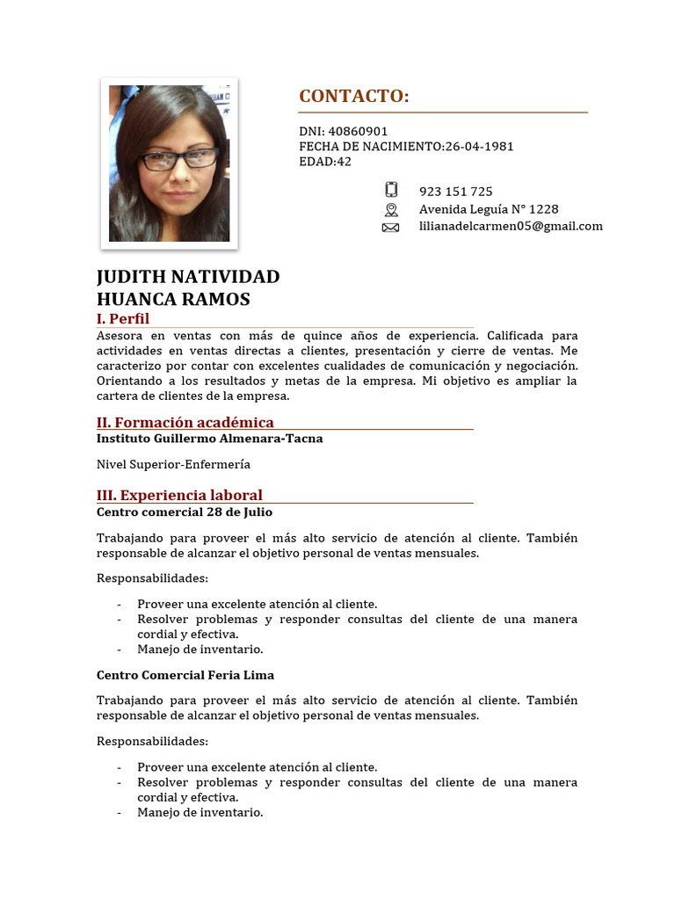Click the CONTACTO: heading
click(354, 97)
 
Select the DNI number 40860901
click(358, 132)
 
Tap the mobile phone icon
click(391, 191)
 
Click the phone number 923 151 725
click(455, 192)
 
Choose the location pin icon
click(391, 209)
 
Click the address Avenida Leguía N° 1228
click(488, 209)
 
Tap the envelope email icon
click(391, 227)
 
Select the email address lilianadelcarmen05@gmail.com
click(511, 227)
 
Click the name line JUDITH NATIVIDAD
click(188, 277)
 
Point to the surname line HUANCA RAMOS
click(173, 300)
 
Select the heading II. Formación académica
click(185, 422)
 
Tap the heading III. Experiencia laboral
click(179, 495)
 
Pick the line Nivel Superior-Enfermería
click(173, 464)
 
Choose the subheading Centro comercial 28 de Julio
click(184, 512)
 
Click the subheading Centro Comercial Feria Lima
click(185, 675)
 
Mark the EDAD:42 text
click(325, 162)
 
